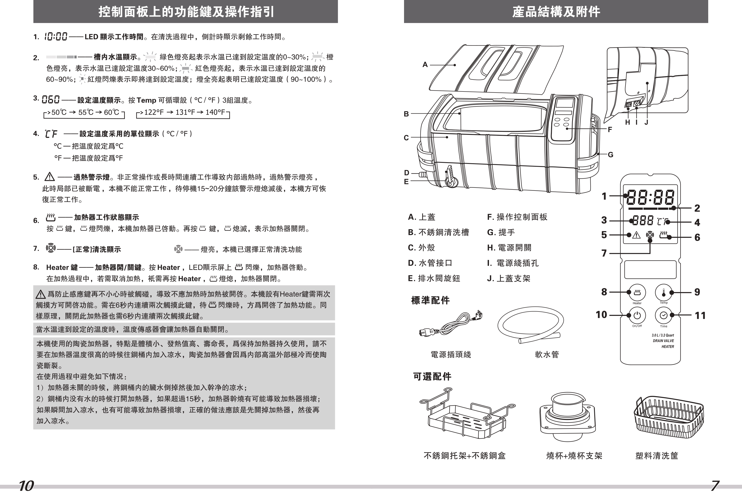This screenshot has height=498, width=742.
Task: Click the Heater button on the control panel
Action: tap(637, 292)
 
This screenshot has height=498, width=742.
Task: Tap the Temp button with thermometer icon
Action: tap(663, 292)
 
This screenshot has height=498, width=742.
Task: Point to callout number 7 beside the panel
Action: tap(604, 253)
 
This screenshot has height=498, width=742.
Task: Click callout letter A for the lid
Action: tap(425, 64)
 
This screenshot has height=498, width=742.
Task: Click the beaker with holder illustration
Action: tap(567, 416)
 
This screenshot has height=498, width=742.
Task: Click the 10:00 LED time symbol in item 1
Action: tap(55, 37)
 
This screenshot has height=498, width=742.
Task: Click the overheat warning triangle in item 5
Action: tap(50, 177)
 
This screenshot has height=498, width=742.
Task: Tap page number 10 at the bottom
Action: tap(26, 486)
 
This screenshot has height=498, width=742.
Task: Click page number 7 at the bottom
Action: tap(715, 486)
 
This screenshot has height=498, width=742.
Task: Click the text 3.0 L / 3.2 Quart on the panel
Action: tap(663, 335)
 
